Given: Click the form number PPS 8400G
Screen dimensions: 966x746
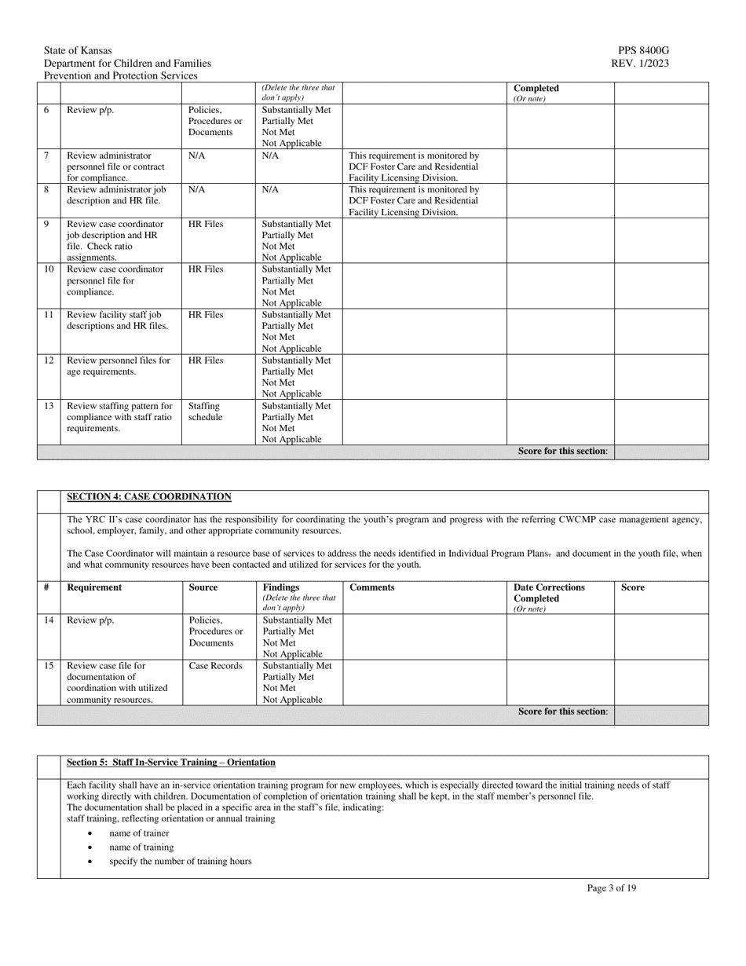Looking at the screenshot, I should tap(644, 51).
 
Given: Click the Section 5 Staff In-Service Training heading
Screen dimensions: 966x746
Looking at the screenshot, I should tap(171, 763).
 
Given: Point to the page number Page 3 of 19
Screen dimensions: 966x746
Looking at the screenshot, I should tap(611, 888).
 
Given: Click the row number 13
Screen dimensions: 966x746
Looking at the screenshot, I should tap(48, 407).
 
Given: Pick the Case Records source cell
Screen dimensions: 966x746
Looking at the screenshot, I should tap(216, 666).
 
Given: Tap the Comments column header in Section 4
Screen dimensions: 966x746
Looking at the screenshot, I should tap(371, 587).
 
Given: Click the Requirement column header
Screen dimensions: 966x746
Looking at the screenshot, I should tap(94, 587).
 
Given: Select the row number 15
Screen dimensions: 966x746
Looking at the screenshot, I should tap(48, 666).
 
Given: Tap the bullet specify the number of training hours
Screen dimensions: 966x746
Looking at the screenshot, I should tap(181, 862).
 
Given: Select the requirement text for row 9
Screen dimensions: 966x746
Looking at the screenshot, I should tap(115, 240).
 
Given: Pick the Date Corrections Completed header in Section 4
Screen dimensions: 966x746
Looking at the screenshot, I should tap(549, 593).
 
